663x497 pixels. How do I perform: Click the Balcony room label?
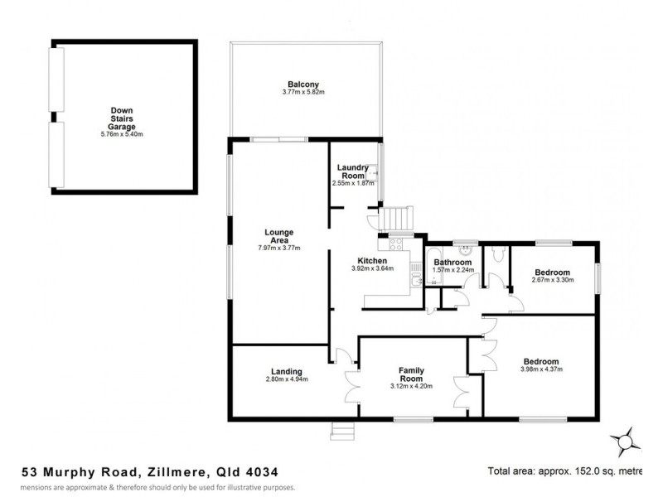point(303,84)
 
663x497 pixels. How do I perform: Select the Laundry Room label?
point(353,171)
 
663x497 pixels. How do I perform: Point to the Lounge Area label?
point(279,235)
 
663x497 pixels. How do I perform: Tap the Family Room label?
point(411,374)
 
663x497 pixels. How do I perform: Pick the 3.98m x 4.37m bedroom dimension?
point(542,369)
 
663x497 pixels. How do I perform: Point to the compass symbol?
point(623,439)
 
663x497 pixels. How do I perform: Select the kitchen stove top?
point(390,244)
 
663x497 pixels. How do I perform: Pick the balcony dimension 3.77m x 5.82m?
point(303,93)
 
